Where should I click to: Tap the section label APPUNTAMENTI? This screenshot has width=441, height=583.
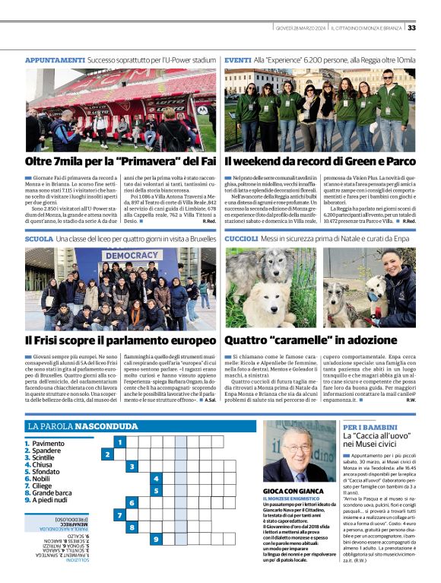coord(55,59)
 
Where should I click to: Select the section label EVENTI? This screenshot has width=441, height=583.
coord(238,59)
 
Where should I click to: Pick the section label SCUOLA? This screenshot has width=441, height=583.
coord(39,239)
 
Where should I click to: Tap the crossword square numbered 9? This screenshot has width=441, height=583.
coord(156,540)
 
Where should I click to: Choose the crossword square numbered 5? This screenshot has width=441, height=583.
coord(156,491)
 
